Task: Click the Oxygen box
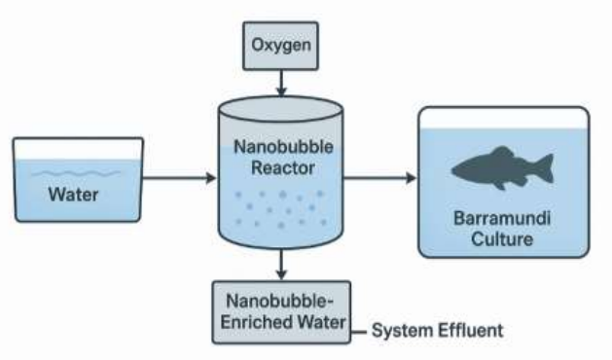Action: coord(280,46)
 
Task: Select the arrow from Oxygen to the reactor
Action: coord(281,83)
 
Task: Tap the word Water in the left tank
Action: coord(73,195)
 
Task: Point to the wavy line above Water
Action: coord(76,173)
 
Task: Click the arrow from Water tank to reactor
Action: coord(180,178)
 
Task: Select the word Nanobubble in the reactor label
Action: coord(283,147)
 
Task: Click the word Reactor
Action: coord(283,168)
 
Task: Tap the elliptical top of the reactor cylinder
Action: coord(280,109)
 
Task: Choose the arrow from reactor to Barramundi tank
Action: coord(379,178)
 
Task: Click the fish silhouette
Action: coord(502,168)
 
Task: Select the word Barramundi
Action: coord(502,218)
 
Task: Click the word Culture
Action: coord(502,239)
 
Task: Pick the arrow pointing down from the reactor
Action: coord(281,265)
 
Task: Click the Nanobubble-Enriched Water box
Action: coord(281,312)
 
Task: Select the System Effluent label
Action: coord(437,331)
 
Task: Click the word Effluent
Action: coord(471,331)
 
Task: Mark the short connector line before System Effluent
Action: coord(358,333)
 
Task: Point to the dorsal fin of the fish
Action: coord(501,152)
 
